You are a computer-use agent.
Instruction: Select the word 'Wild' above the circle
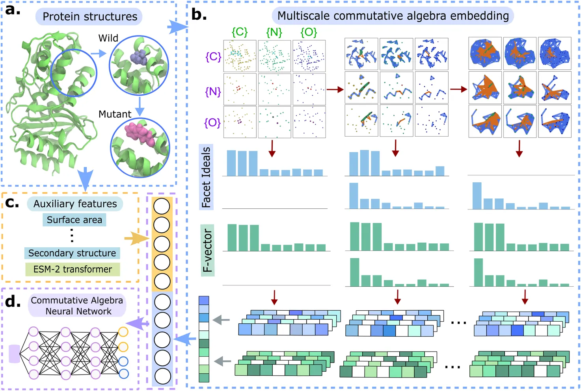(108, 38)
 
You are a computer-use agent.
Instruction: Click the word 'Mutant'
(115, 114)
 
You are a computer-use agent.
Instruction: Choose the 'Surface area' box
(74, 220)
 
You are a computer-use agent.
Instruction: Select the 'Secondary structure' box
(72, 253)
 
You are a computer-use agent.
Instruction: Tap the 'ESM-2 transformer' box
(73, 269)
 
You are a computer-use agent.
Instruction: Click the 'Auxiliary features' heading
(75, 204)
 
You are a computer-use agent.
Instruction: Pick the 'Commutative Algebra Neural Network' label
(77, 306)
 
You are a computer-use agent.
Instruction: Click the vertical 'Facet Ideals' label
(206, 177)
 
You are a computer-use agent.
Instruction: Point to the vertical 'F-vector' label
(207, 251)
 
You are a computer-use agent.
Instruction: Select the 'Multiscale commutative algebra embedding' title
(393, 16)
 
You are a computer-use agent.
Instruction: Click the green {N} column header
(274, 32)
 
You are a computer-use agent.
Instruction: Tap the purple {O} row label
(212, 123)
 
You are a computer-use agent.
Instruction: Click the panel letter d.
(13, 302)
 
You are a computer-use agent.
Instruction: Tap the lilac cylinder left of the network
(14, 354)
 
